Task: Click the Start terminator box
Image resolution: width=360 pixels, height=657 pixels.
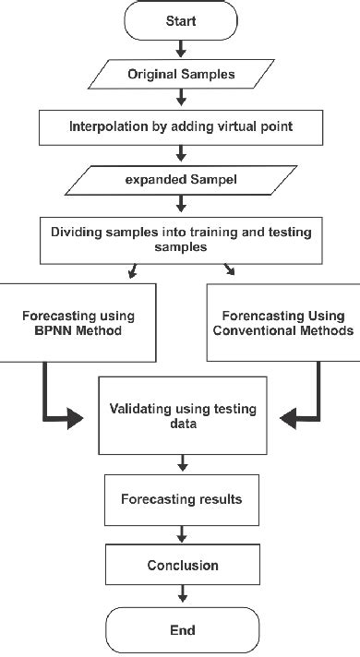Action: (x=182, y=19)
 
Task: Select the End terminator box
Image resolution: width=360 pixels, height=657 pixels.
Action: (x=182, y=630)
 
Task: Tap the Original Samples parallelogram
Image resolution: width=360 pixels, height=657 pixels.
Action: (x=182, y=72)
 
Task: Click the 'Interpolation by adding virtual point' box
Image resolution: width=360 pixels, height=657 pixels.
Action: (x=182, y=125)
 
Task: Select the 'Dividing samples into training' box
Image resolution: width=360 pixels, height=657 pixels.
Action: (x=182, y=237)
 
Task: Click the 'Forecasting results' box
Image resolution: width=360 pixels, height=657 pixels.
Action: (x=182, y=499)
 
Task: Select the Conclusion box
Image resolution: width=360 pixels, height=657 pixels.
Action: (x=182, y=565)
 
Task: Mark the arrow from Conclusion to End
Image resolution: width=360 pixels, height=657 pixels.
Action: (x=182, y=594)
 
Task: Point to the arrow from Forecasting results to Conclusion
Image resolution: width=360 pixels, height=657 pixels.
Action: (x=182, y=532)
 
